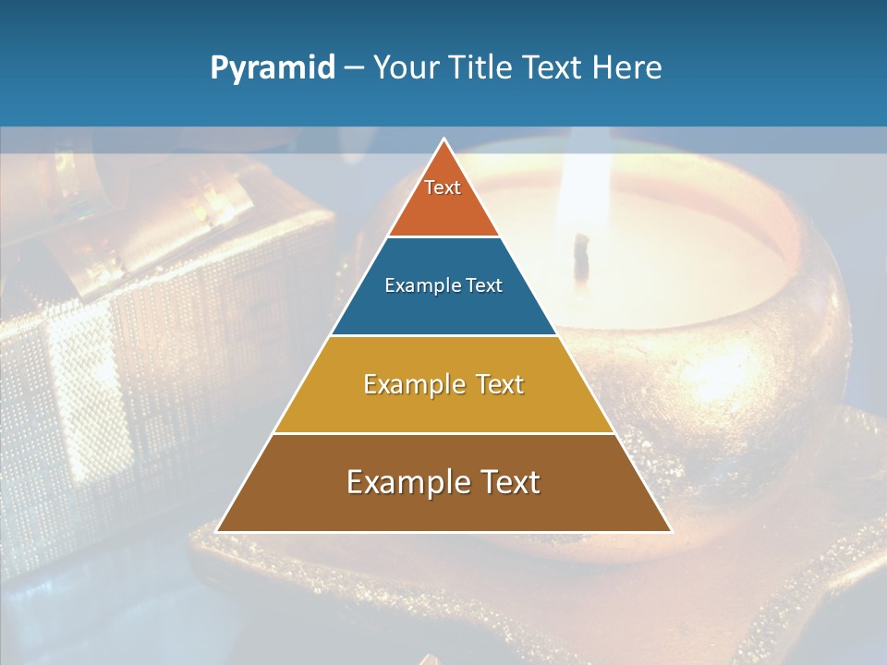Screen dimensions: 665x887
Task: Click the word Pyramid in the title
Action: tap(273, 68)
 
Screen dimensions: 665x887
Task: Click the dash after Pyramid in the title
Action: tap(354, 68)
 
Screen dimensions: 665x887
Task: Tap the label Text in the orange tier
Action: tap(443, 187)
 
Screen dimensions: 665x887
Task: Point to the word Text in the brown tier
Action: tap(506, 482)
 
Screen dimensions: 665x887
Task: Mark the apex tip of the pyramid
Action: tap(444, 140)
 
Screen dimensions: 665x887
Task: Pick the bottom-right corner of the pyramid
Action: tap(670, 530)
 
